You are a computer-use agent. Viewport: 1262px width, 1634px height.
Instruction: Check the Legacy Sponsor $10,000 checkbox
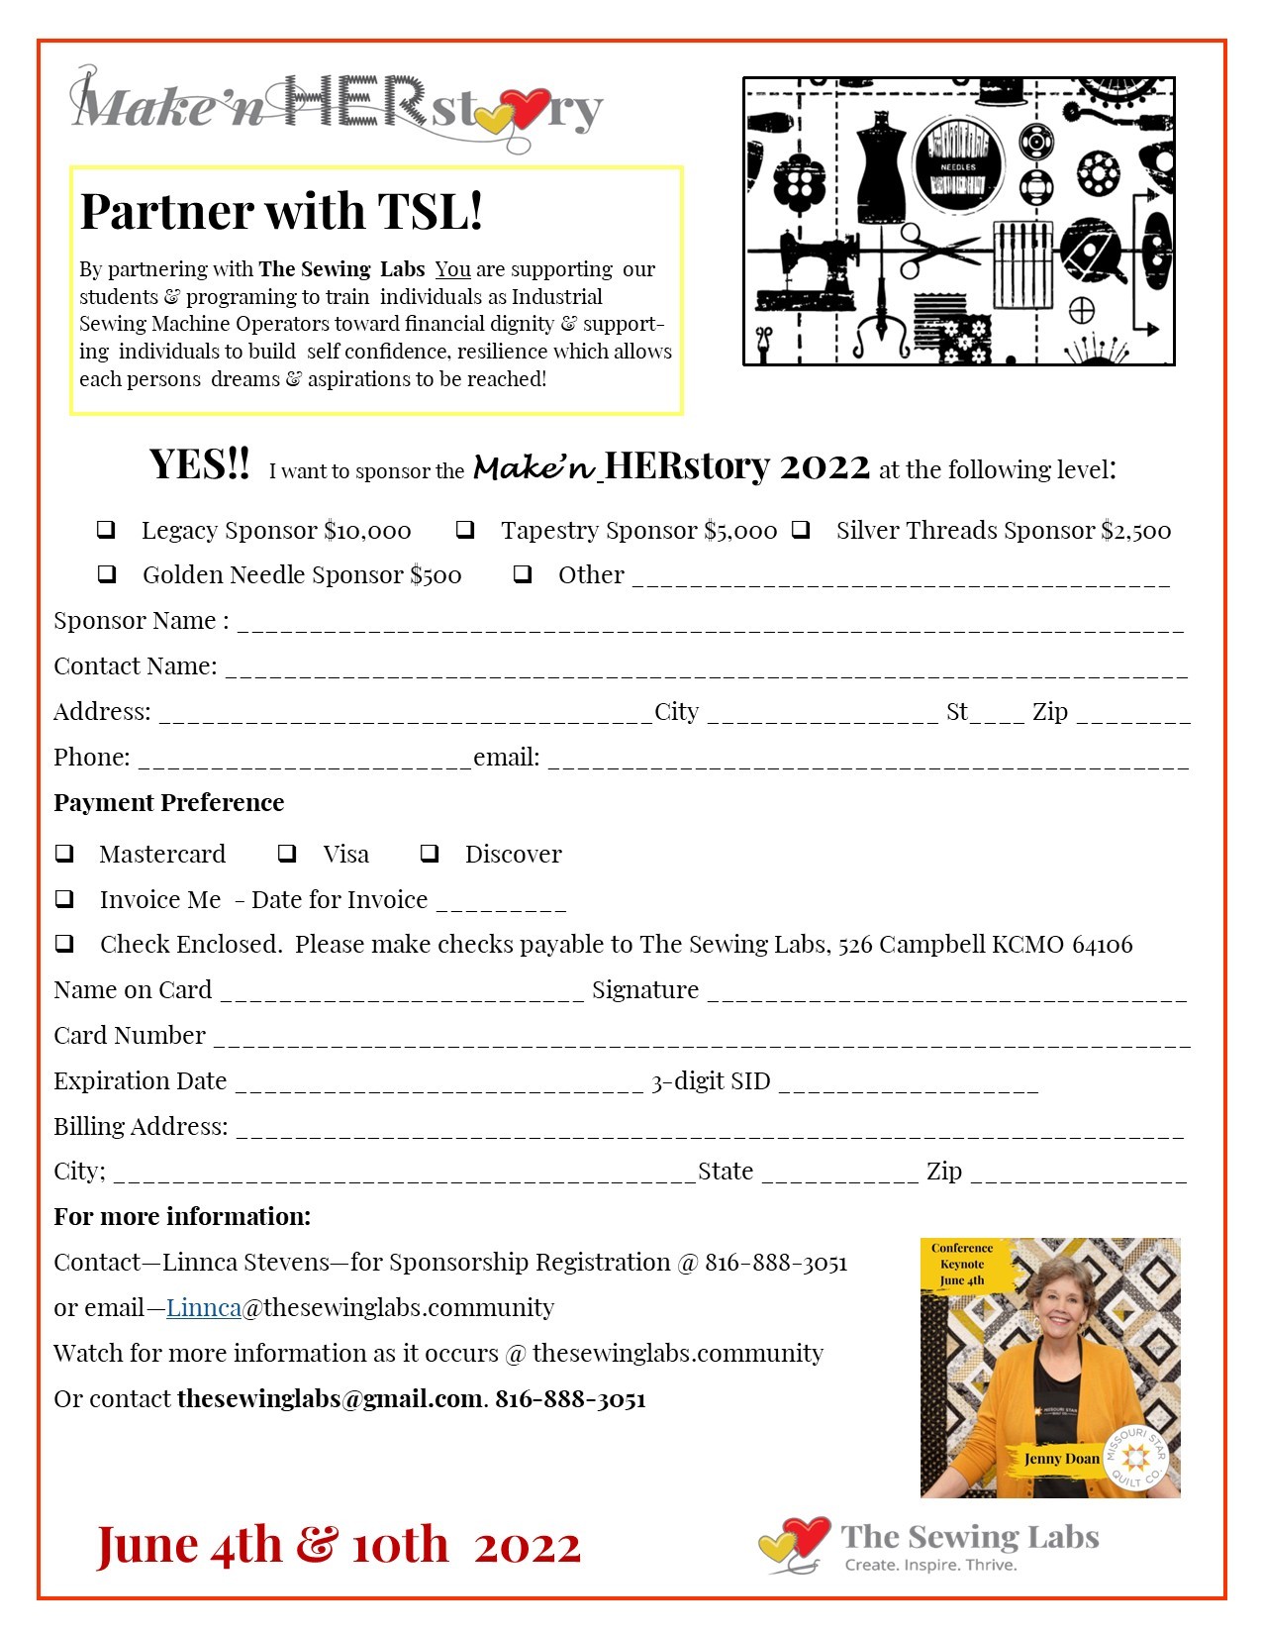106,530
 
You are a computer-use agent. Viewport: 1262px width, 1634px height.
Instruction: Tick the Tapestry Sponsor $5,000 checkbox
465,530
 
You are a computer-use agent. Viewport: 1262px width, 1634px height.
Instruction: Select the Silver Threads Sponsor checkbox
801,530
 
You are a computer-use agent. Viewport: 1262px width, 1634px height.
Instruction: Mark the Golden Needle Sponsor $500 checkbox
106,574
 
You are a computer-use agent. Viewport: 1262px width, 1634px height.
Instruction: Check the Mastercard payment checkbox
64,853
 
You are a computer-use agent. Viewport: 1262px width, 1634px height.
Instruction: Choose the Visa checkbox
287,853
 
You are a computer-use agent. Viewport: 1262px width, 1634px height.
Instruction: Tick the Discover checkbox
430,853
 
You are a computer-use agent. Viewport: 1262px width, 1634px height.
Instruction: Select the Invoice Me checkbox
64,898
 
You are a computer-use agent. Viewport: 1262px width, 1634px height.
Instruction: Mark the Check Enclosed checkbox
64,943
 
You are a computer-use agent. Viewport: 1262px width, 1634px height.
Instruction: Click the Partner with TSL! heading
281,211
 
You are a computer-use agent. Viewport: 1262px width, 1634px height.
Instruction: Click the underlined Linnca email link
204,1307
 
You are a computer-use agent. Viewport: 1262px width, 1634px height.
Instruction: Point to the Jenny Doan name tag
1061,1458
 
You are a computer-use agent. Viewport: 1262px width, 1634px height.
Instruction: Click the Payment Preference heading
168,802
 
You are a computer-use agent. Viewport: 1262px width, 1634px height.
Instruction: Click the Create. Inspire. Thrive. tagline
930,1565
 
